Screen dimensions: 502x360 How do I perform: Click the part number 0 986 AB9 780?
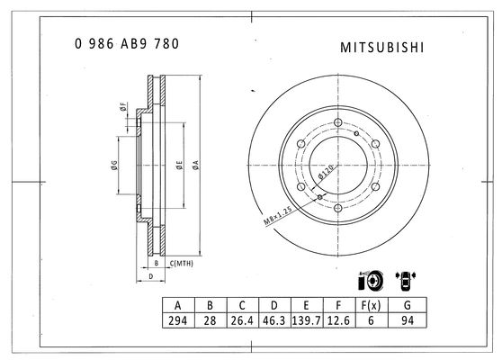click(127, 44)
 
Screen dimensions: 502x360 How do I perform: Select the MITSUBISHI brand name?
click(382, 48)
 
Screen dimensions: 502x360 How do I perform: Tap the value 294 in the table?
click(178, 320)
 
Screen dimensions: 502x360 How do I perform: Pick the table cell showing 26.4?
click(242, 320)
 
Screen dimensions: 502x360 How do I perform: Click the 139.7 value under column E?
click(307, 320)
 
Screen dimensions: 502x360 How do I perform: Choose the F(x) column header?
click(371, 306)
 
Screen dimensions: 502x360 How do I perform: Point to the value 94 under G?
click(408, 320)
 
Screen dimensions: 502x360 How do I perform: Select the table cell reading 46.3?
click(274, 320)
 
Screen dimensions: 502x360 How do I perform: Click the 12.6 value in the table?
click(339, 320)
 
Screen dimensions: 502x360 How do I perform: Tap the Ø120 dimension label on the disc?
click(326, 172)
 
